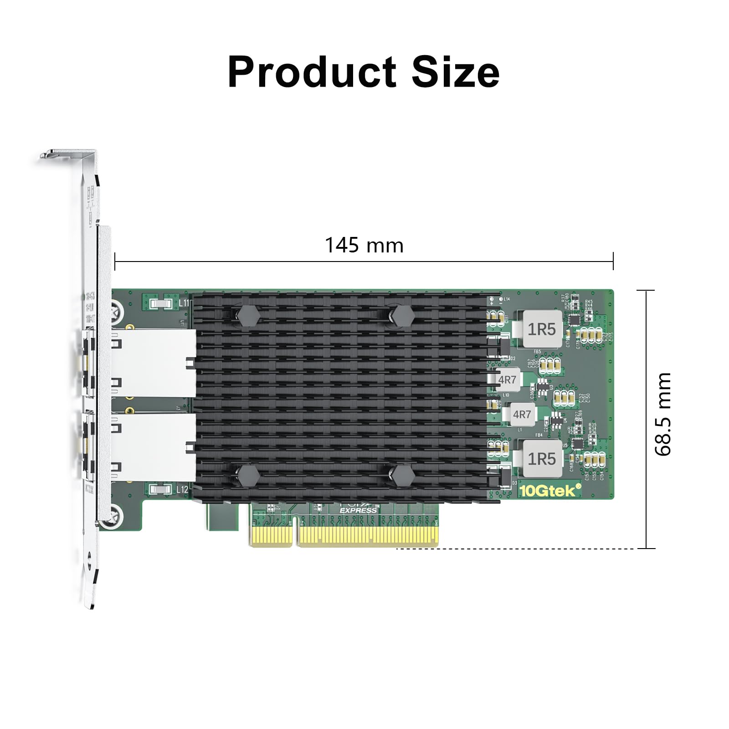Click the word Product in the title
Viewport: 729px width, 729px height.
pos(312,72)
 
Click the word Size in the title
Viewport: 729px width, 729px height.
pos(455,72)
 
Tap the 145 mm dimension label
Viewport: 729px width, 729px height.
pos(364,246)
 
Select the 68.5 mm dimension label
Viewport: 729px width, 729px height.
pos(663,414)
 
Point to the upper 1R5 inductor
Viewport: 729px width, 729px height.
pos(541,329)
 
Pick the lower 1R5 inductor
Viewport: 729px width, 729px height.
pos(541,458)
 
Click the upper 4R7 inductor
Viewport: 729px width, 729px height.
pos(507,380)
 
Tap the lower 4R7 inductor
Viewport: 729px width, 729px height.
pos(522,414)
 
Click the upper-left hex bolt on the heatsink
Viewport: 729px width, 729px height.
pos(248,315)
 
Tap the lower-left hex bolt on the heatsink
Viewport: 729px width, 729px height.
pos(248,476)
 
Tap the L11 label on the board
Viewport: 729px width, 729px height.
pos(184,303)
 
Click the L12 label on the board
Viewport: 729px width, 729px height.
pos(182,490)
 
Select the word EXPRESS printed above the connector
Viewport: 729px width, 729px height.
pos(358,510)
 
